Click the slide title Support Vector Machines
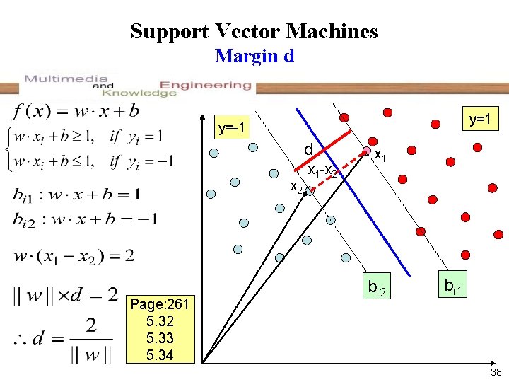tap(254, 31)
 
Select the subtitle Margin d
tap(254, 55)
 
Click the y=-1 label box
tap(232, 128)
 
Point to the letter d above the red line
tap(308, 150)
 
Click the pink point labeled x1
tap(367, 150)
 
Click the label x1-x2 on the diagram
tap(326, 172)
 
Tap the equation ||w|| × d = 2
tap(65, 295)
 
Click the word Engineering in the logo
tap(205, 85)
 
